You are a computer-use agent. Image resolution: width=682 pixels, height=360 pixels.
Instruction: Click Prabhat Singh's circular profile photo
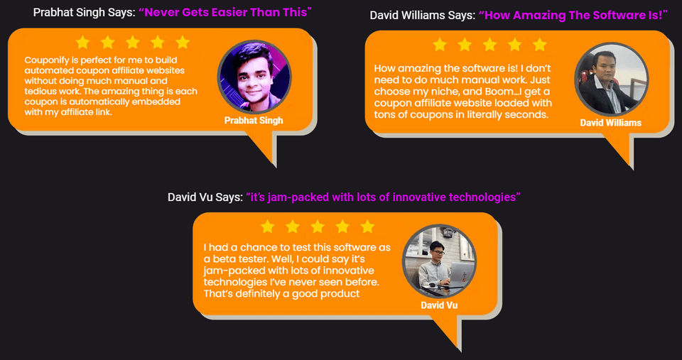tap(254, 77)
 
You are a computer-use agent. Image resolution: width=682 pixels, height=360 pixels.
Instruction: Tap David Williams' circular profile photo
tap(612, 79)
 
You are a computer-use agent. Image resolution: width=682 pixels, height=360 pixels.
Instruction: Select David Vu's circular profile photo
tap(439, 261)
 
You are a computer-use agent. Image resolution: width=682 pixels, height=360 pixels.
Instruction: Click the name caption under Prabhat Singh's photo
tap(254, 121)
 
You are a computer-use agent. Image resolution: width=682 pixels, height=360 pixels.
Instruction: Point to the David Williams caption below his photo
tap(611, 123)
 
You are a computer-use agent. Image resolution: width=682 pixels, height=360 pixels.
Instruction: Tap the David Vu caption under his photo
tap(439, 305)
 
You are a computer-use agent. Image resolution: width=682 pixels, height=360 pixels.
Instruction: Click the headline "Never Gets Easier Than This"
tap(225, 12)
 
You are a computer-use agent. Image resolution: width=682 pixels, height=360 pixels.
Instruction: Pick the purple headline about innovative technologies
tap(383, 197)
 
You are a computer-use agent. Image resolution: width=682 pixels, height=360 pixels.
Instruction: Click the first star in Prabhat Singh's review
tap(82, 42)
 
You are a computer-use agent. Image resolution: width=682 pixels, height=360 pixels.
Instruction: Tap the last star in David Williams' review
tap(540, 44)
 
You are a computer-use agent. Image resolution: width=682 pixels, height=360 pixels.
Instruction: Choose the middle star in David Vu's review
tap(318, 227)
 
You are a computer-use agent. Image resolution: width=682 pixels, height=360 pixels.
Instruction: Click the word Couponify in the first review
tap(45, 60)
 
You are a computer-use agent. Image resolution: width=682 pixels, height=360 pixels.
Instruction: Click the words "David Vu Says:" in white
tap(205, 197)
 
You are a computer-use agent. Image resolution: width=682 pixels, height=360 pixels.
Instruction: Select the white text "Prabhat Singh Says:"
tap(85, 12)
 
